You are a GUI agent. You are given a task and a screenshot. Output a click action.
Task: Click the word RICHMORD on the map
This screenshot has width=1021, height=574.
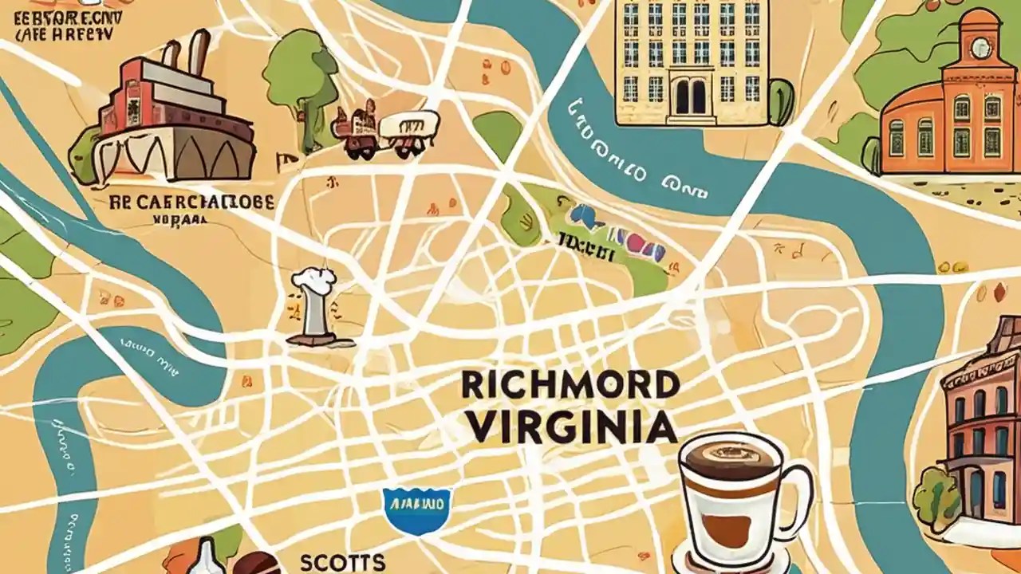(570, 386)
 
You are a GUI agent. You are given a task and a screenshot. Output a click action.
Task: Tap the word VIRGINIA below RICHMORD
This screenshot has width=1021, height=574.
(572, 428)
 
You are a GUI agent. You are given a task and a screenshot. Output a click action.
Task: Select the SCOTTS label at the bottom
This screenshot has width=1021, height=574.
(343, 562)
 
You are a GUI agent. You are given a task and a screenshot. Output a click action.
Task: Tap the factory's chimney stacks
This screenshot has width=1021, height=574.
(184, 52)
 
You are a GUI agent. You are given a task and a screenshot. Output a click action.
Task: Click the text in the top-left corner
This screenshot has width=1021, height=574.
(64, 23)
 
